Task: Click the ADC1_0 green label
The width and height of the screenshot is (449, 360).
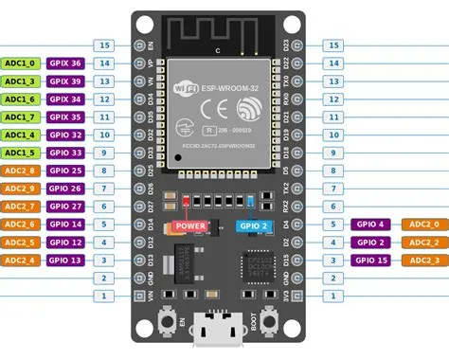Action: [20, 63]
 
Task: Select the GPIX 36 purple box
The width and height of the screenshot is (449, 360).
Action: [65, 63]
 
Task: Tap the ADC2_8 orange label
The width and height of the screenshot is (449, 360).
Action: [20, 171]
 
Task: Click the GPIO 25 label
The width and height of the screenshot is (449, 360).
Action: [65, 171]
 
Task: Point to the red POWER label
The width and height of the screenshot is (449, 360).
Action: [192, 225]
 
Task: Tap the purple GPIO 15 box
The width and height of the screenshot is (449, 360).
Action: [371, 260]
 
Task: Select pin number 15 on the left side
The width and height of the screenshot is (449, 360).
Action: [106, 45]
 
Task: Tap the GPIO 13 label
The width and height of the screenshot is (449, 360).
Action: [65, 260]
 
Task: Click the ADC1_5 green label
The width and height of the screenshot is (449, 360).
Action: [20, 153]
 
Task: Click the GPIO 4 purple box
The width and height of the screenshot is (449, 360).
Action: [371, 224]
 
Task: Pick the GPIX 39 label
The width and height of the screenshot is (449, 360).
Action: [65, 81]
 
